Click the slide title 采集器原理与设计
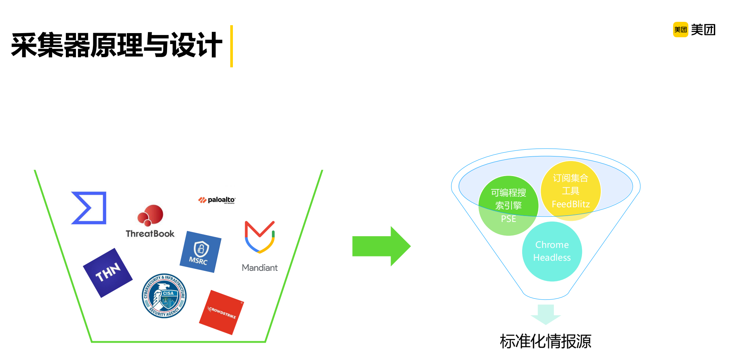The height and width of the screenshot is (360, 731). click(117, 46)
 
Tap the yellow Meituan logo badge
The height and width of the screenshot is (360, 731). click(680, 30)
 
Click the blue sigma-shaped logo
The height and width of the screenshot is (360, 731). click(89, 208)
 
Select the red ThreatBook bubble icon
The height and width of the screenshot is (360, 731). click(151, 215)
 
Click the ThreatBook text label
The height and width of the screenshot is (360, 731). click(150, 234)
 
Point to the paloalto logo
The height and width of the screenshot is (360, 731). click(217, 200)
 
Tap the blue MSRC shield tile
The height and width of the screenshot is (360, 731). click(200, 252)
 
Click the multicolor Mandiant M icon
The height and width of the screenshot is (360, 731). click(260, 237)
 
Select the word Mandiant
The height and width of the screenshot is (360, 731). click(260, 268)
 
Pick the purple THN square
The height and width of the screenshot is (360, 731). click(108, 273)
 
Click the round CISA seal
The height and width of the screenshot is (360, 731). click(164, 296)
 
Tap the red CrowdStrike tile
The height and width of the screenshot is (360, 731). click(221, 312)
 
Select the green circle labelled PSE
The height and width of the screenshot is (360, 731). click(508, 205)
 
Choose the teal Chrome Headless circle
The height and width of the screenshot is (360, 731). click(552, 251)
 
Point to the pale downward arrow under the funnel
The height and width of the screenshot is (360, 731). click(546, 314)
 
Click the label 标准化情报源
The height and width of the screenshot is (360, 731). click(546, 341)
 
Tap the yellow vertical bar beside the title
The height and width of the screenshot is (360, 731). click(231, 46)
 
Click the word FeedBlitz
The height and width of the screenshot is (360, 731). click(570, 204)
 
